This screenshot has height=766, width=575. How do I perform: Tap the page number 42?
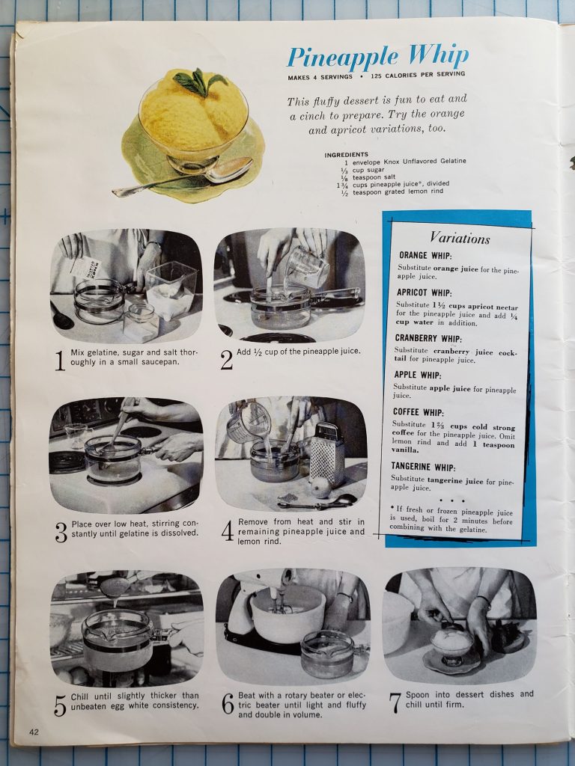34,732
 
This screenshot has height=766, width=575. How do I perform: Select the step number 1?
60,361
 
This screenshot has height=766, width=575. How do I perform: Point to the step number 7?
395,703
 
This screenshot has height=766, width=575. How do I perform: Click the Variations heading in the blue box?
460,238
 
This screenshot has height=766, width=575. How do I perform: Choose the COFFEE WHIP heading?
418,412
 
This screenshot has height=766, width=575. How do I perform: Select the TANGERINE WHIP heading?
424,467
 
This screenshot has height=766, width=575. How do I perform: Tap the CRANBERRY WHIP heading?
428,338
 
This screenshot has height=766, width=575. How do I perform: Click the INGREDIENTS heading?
346,154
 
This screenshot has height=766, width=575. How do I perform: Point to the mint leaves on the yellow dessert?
199,82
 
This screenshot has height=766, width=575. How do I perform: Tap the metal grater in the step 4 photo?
327,455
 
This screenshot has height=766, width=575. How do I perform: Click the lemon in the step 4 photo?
320,487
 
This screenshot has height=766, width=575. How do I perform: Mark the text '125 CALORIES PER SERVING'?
418,75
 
